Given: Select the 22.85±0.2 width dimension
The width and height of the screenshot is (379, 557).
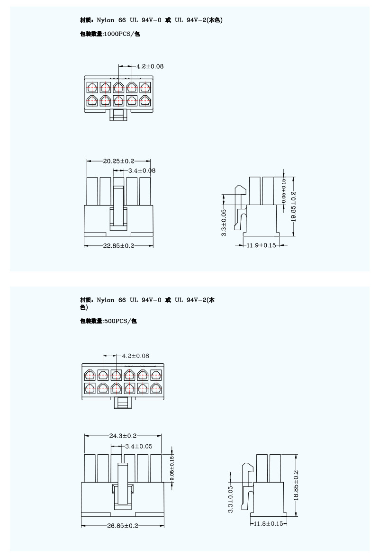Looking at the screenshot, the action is click(118, 246).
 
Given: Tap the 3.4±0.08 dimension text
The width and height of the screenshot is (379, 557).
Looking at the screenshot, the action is click(142, 171).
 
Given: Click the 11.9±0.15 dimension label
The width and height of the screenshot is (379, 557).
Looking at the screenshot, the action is click(261, 245).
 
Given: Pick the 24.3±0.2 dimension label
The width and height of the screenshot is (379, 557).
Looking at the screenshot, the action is click(123, 436).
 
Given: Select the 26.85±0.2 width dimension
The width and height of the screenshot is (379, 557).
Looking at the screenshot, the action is click(123, 526).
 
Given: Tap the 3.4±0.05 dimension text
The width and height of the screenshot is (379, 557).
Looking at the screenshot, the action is click(138, 446).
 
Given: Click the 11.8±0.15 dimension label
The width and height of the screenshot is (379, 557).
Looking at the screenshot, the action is click(268, 523).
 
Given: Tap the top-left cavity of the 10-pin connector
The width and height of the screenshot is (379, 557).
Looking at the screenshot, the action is click(91, 87).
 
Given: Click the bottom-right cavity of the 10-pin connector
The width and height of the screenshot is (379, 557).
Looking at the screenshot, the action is click(144, 100).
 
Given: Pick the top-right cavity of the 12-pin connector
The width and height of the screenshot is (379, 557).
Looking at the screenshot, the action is click(156, 376).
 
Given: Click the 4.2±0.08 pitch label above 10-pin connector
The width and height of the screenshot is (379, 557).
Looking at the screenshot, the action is click(150, 67).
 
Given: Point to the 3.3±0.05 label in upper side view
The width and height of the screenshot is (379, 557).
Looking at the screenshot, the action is click(224, 222).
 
